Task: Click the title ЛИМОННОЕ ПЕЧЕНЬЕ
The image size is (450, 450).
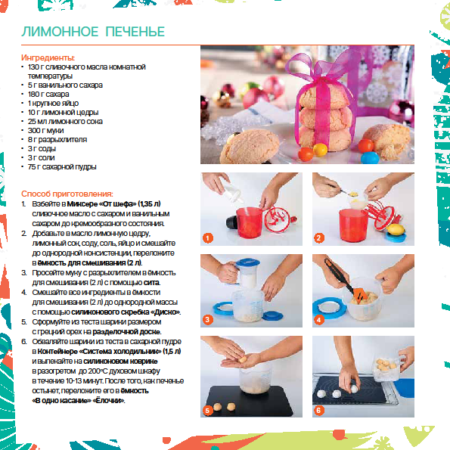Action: (x=93, y=32)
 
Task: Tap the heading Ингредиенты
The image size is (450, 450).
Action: (x=48, y=57)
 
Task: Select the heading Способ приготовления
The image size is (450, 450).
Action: (x=67, y=194)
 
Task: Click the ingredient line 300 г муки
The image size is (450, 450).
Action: (x=45, y=131)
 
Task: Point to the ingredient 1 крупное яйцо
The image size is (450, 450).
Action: (x=53, y=104)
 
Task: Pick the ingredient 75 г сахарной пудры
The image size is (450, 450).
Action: (x=62, y=166)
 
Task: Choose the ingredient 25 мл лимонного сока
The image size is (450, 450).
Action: (x=65, y=122)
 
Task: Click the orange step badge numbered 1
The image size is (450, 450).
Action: (x=208, y=237)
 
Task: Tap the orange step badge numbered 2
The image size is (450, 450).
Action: (x=319, y=237)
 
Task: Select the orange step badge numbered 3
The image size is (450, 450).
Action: (x=207, y=319)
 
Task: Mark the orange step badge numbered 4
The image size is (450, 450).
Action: (x=319, y=319)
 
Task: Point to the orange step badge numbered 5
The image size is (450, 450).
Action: (x=207, y=411)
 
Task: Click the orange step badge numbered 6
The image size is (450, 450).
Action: (x=318, y=411)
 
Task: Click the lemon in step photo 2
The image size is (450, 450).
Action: (x=396, y=230)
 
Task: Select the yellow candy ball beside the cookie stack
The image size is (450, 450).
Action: (x=320, y=150)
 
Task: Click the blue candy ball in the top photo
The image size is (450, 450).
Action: (x=369, y=157)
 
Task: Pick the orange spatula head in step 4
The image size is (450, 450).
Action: (x=360, y=296)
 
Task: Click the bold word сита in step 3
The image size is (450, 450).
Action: (x=151, y=283)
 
